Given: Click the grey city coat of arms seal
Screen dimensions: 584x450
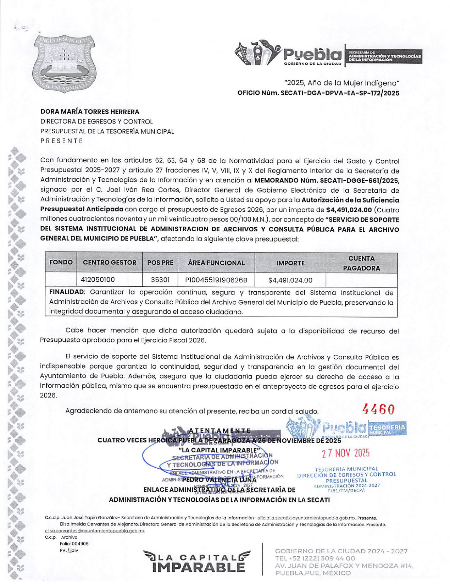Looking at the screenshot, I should [64, 63].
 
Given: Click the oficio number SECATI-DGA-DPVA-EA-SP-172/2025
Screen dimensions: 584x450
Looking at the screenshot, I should [318, 93].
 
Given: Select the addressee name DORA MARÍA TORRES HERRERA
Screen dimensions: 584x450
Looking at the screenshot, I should [90, 112].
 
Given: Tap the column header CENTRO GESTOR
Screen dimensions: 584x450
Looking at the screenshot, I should [109, 263].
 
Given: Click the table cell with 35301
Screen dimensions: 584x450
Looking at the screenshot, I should [160, 280].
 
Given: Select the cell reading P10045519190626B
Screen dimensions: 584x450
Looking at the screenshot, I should [216, 280].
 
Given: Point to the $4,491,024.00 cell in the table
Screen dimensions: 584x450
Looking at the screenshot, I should [290, 280].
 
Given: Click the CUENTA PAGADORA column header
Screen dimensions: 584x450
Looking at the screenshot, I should [361, 263].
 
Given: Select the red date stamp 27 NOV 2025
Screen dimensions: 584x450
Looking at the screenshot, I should [345, 453].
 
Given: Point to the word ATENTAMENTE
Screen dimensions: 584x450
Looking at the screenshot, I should [220, 431].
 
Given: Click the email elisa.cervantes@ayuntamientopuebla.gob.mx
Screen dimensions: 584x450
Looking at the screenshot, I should [95, 531].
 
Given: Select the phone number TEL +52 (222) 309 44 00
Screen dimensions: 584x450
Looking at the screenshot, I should [315, 558].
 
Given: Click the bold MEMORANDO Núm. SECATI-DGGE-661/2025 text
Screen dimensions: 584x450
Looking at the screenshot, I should [327, 181].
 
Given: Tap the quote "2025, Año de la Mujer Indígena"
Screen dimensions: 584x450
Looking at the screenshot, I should [342, 83].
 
